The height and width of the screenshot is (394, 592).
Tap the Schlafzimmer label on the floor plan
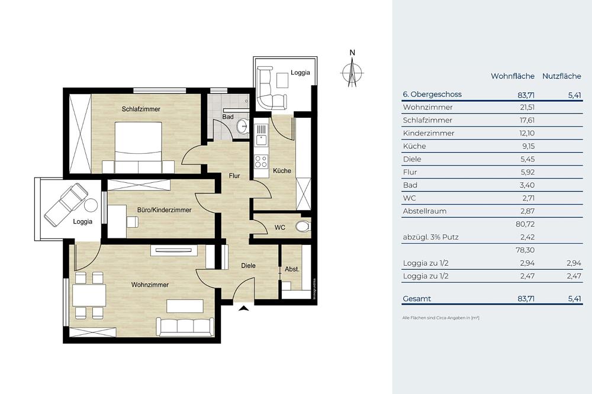[x=141, y=109]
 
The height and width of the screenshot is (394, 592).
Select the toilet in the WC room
[x=303, y=227]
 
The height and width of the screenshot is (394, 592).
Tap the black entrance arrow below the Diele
[x=244, y=308]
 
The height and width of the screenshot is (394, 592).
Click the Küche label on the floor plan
[x=282, y=170]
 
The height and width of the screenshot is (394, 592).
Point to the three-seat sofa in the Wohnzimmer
[x=185, y=327]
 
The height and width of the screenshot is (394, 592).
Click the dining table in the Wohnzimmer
[x=89, y=295]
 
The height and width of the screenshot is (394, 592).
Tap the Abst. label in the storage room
[x=292, y=269]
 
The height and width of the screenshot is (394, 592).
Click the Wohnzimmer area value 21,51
[x=527, y=107]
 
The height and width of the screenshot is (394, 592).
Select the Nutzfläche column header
[x=561, y=76]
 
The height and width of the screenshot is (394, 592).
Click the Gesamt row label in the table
[x=417, y=299]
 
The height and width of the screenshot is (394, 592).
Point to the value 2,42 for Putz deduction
[x=528, y=237]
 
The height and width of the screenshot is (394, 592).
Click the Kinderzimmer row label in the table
[x=429, y=133]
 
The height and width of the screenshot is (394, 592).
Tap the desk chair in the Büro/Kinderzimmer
[x=132, y=222]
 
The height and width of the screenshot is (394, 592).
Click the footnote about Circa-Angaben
[x=440, y=318]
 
